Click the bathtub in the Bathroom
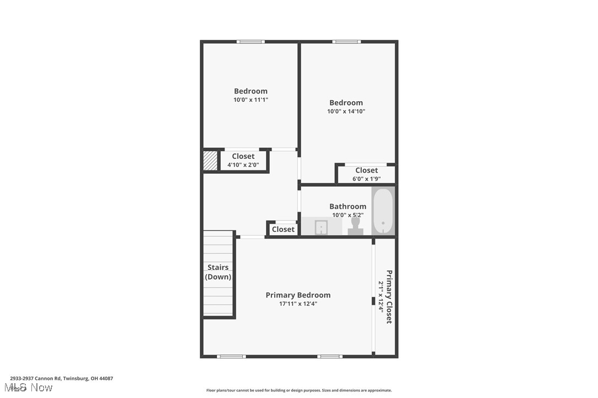pyautogui.click(x=383, y=212)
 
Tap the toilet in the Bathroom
pyautogui.click(x=356, y=225)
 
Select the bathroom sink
pyautogui.click(x=322, y=226)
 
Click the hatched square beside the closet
pyautogui.click(x=210, y=161)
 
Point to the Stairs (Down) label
pyautogui.click(x=218, y=272)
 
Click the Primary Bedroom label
pyautogui.click(x=298, y=295)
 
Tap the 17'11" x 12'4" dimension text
pyautogui.click(x=298, y=303)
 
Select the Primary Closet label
pyautogui.click(x=389, y=297)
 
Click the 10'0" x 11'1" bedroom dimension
pyautogui.click(x=251, y=100)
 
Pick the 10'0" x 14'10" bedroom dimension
pyautogui.click(x=346, y=111)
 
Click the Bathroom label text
pyautogui.click(x=347, y=207)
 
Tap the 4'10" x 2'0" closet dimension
pyautogui.click(x=243, y=164)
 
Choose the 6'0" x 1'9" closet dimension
pyautogui.click(x=367, y=179)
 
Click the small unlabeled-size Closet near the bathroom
pyautogui.click(x=283, y=229)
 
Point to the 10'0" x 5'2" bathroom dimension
pyautogui.click(x=347, y=215)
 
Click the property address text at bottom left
pyautogui.click(x=61, y=378)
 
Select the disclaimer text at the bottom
pyautogui.click(x=299, y=390)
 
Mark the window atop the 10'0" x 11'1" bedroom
pyautogui.click(x=251, y=42)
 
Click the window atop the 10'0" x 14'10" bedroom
pyautogui.click(x=346, y=42)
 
